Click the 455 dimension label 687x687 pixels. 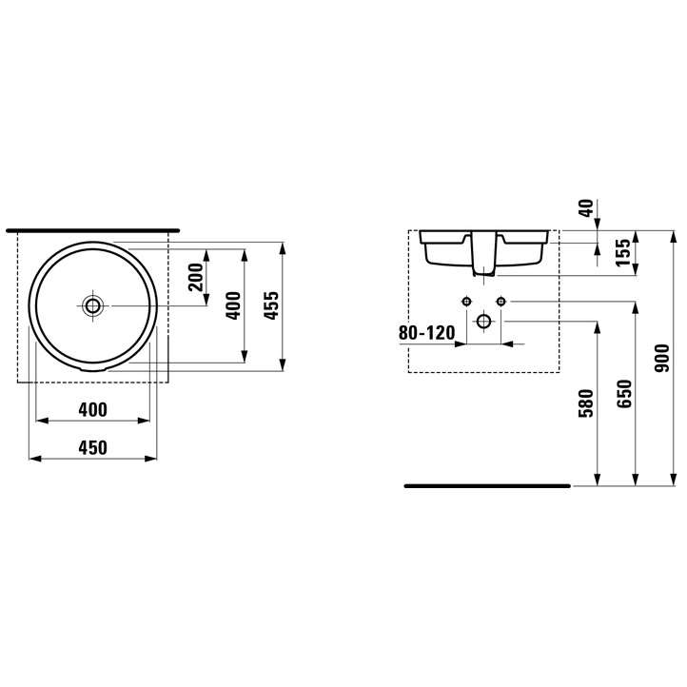click(272, 305)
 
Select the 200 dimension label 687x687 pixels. click(196, 277)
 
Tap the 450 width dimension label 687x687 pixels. click(93, 448)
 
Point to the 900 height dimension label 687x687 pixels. click(661, 359)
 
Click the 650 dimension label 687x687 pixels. click(624, 394)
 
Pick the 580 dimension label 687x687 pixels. click(586, 403)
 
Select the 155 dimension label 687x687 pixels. click(622, 252)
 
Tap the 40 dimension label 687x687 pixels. click(587, 208)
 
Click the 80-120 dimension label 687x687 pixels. click(426, 333)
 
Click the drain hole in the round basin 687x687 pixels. click(92, 305)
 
